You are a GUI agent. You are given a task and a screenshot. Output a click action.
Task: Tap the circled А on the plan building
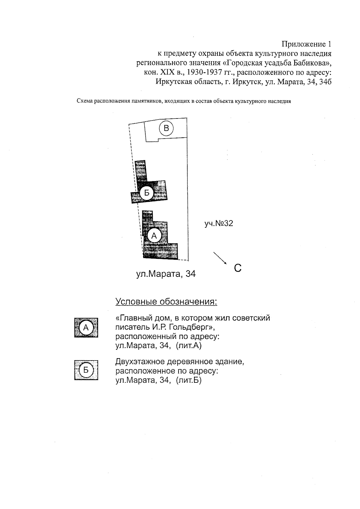coord(154,236)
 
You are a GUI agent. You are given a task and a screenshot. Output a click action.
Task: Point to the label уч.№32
coord(219,223)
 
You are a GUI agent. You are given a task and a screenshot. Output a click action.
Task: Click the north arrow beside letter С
coord(220,258)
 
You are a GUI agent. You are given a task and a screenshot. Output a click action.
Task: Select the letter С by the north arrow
coord(238,268)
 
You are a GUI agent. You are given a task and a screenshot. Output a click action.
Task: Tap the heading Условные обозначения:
coord(166,301)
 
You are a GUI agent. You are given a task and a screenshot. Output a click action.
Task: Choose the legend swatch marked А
coord(86,328)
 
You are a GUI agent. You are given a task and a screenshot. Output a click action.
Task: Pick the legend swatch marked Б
coord(86,370)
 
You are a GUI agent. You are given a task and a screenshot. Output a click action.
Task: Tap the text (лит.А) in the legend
coord(189,346)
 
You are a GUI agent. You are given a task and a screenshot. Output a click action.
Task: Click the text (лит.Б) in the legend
coord(189,380)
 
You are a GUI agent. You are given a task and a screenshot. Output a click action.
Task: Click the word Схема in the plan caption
coord(85,101)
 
